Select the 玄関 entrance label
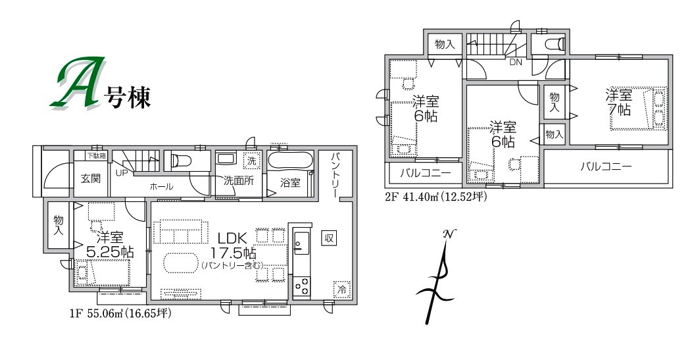pos(90,178)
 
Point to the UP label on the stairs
pos(121,173)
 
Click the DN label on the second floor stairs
pos(516,62)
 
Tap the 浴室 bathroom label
pos(291,183)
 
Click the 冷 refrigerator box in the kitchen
pos(341,290)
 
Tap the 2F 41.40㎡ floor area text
pos(435,195)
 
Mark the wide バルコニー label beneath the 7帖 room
pos(605,167)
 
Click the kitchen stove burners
pos(302,286)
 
